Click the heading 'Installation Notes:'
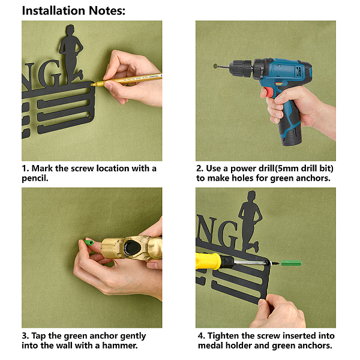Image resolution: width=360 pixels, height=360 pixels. coord(74,11)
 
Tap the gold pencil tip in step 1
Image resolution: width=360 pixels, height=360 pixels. coord(92,85)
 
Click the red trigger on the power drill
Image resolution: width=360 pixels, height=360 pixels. coord(269,92)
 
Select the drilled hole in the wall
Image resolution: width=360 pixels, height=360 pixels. coord(215,66)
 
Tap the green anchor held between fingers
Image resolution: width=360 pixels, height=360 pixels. coord(89,242)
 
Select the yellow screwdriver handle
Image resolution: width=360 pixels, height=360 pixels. coord(208,261)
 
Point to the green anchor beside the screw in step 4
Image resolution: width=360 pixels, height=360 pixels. coord(291,263)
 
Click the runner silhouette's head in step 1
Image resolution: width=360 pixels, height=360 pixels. coord(70,31)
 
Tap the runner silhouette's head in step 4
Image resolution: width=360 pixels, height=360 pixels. coord(251,196)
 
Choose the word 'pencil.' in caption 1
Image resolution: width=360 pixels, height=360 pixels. coord(35,178)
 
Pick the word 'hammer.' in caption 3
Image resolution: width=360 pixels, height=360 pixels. coord(120,346)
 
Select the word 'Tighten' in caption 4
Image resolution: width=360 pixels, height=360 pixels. coord(223,336)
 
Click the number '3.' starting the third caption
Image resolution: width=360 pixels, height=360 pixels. coord(25,336)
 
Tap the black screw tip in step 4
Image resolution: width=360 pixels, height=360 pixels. coord(276,263)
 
